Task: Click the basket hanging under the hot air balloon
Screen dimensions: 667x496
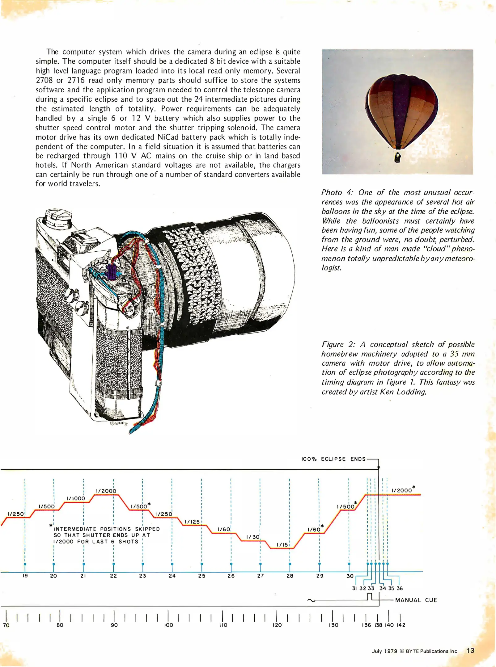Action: click(x=398, y=157)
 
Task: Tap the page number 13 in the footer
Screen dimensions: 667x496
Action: click(x=470, y=651)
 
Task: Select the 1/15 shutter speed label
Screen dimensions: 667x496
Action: click(x=282, y=545)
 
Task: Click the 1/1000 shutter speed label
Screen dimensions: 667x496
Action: click(x=76, y=498)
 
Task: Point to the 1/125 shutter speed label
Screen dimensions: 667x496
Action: click(x=192, y=522)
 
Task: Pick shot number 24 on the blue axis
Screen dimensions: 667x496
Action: click(x=172, y=576)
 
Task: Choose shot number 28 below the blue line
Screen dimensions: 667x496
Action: click(x=290, y=576)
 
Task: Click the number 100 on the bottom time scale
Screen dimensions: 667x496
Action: click(x=168, y=625)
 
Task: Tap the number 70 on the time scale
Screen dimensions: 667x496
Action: click(x=6, y=625)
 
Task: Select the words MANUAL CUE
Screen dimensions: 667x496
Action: click(x=416, y=600)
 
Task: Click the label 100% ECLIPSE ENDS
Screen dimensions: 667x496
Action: click(x=333, y=459)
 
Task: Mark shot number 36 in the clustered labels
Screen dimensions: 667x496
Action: click(x=400, y=588)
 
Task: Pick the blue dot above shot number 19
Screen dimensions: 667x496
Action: click(x=25, y=564)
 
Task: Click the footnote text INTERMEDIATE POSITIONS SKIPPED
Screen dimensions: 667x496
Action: click(x=107, y=529)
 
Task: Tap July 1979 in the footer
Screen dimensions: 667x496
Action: click(x=384, y=651)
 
